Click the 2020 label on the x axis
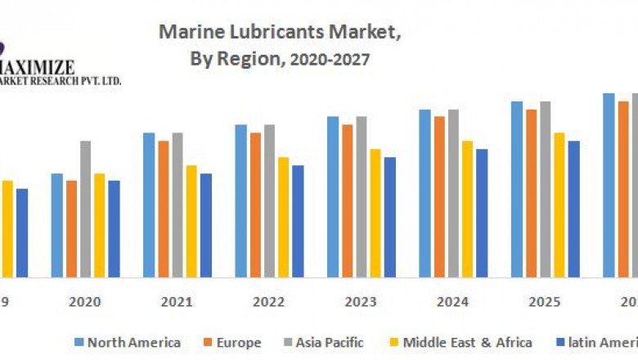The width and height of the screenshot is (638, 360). (85, 302)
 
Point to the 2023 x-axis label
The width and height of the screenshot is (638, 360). (361, 302)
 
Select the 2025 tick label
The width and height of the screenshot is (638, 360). (545, 302)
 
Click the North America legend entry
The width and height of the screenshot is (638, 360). (133, 342)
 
